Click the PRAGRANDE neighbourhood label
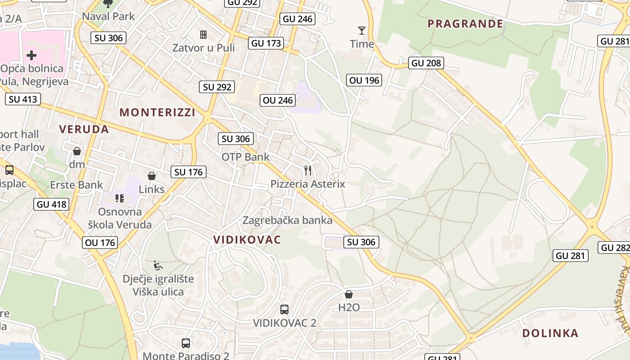[x=465, y=23]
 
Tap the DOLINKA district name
[x=550, y=333]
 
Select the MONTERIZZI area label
[x=157, y=112]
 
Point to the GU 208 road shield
[x=426, y=63]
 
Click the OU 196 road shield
[x=364, y=81]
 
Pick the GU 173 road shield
[x=266, y=44]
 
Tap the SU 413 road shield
[x=23, y=99]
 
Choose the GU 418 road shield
[x=51, y=204]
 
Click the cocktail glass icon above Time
[x=362, y=31]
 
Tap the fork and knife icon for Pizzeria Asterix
[x=308, y=171]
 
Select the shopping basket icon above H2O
[x=348, y=295]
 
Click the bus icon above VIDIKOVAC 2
[x=284, y=310]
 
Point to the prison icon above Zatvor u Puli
[x=203, y=35]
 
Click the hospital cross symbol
[x=31, y=55]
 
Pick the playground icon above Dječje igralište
[x=157, y=266]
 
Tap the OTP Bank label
[x=245, y=157]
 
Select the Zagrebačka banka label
[x=287, y=220]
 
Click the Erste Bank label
[x=76, y=185]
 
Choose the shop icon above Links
[x=152, y=176]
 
